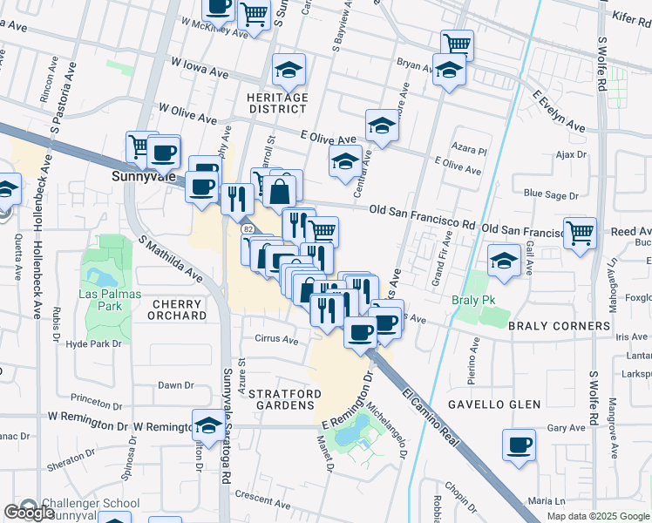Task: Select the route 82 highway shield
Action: click(248, 228)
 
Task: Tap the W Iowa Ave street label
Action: click(200, 69)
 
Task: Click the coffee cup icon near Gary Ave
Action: click(520, 445)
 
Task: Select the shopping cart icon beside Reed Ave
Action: click(580, 233)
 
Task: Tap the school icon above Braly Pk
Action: click(503, 261)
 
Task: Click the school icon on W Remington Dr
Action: click(207, 425)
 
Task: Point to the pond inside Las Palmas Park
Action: click(102, 277)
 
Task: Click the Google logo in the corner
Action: click(30, 513)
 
